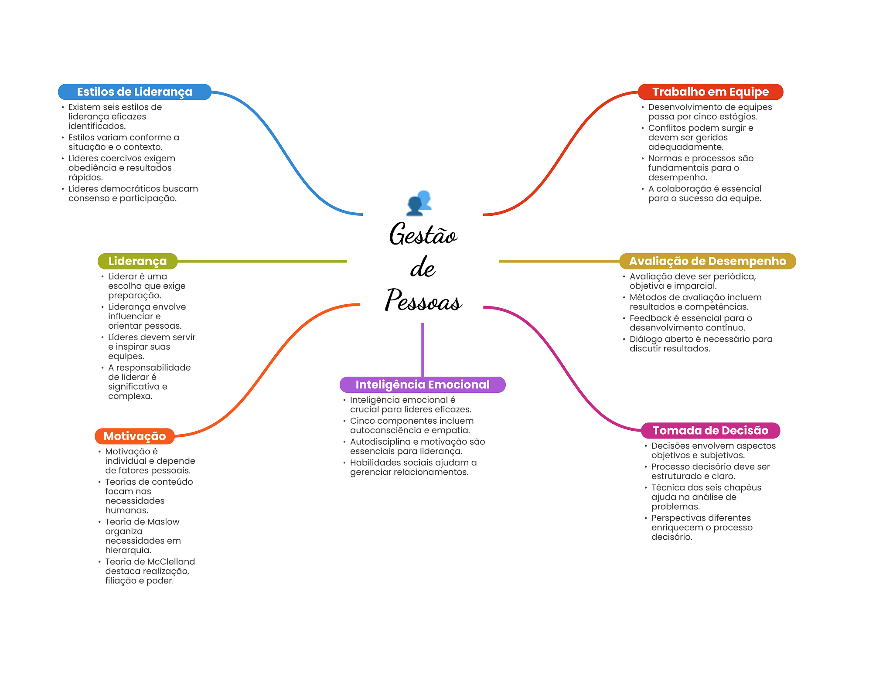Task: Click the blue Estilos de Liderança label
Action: tap(134, 92)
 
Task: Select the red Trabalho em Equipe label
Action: tap(710, 92)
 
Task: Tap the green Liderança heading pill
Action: tap(137, 261)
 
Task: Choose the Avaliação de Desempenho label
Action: tap(707, 261)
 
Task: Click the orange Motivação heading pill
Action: tap(135, 436)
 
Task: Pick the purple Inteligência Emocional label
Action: tap(422, 385)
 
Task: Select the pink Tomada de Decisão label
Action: tap(710, 430)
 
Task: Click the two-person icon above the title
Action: tap(419, 203)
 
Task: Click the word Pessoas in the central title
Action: tap(423, 301)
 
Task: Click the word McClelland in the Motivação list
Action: tap(171, 561)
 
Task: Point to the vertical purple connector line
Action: tap(423, 349)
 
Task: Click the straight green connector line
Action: tap(262, 261)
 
